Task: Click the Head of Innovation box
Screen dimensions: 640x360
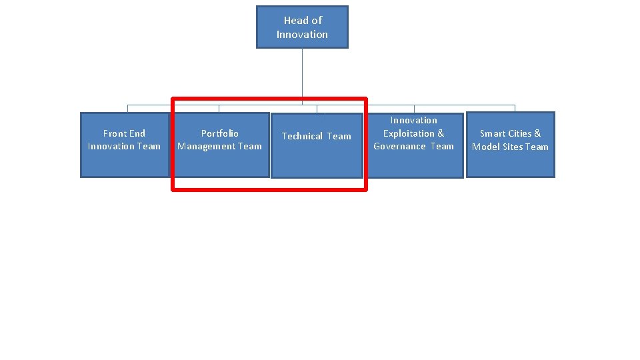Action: click(302, 27)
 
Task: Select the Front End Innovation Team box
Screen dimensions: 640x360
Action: click(125, 145)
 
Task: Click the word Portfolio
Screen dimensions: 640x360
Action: click(220, 133)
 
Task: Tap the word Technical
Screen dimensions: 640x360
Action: click(302, 136)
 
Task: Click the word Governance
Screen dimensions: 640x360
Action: click(399, 146)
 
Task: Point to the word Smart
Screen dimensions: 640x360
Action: click(492, 133)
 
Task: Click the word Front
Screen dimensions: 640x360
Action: click(115, 133)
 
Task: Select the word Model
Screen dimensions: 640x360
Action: click(485, 147)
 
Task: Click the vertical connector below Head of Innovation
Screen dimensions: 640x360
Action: click(302, 77)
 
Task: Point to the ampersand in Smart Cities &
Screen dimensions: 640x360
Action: click(537, 133)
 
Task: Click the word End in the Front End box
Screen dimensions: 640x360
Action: click(137, 133)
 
